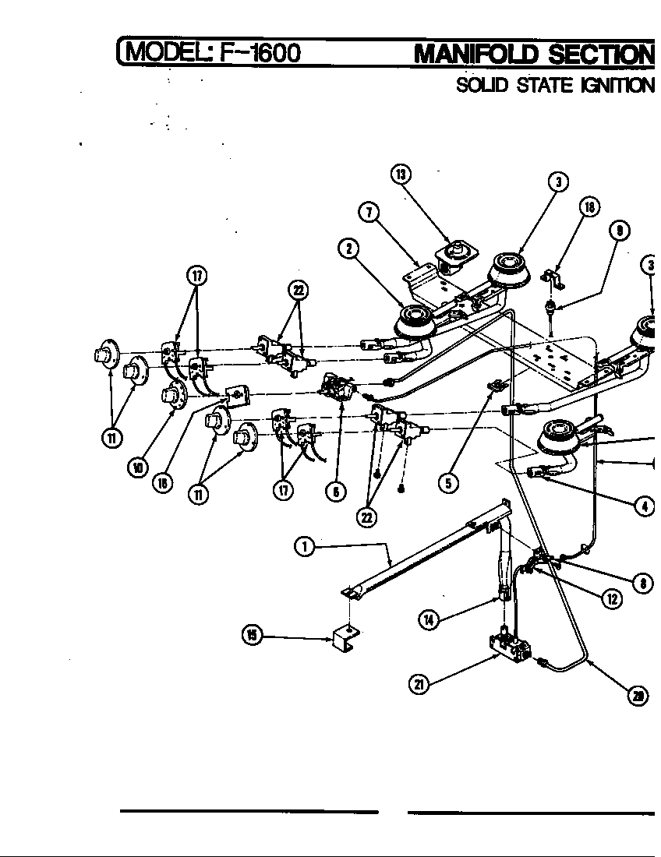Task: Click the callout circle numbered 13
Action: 401,175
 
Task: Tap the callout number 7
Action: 369,212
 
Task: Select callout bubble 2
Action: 348,249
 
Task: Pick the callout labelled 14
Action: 429,620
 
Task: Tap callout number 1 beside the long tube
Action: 304,548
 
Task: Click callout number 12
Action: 613,599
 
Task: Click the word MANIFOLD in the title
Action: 477,55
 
